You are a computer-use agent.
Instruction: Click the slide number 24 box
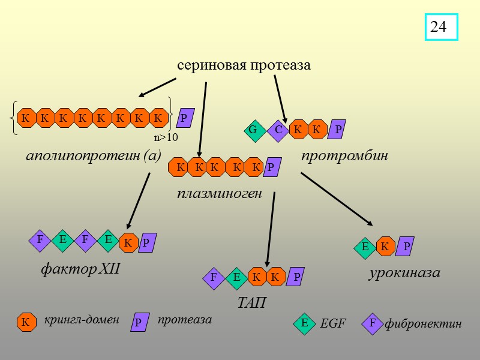441,27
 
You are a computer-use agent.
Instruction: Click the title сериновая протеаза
244,65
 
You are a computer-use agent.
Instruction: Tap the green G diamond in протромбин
253,130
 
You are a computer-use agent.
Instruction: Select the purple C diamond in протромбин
278,130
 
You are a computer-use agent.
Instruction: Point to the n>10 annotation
166,137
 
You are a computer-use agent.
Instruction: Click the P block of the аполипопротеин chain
185,118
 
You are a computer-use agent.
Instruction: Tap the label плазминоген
219,194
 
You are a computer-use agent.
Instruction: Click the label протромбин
344,156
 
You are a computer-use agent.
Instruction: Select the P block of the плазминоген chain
271,167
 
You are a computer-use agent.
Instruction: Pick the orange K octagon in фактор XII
128,243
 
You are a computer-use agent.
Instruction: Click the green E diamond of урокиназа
364,247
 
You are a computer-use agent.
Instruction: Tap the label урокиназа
404,273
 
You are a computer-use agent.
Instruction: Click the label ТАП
251,303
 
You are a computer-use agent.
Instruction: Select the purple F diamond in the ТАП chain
214,277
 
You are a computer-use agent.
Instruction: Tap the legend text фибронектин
423,324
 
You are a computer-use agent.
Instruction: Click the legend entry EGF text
333,324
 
